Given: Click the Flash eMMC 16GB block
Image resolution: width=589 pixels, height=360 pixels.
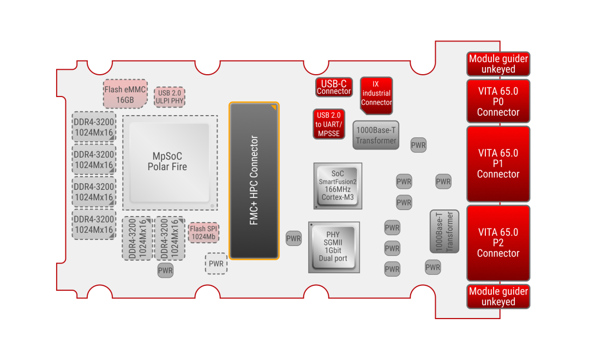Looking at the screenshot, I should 125,94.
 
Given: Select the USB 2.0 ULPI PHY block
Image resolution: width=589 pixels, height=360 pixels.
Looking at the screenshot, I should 169,97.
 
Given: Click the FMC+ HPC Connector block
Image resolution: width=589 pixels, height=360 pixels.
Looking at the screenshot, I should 254,181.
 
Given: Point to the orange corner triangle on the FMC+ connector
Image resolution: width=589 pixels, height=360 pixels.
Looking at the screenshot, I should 274,107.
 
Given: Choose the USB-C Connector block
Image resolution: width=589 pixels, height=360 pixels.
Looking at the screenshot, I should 334,87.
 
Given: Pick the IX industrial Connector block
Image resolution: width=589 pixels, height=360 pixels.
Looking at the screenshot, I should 376,94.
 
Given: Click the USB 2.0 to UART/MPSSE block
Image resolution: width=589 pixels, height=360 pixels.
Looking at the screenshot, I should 329,124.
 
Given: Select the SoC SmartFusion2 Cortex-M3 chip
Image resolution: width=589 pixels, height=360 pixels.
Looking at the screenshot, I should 338,185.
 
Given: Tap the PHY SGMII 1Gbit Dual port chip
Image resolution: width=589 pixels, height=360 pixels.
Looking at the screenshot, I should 333,247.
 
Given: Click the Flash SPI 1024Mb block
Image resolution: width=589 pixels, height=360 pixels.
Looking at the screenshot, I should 203,233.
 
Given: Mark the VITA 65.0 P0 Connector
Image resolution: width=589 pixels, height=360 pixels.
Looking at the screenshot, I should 498,101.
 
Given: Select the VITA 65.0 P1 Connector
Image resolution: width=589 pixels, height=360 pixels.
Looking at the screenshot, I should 498,164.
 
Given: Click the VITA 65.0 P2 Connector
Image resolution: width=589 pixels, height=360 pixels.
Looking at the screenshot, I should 498,243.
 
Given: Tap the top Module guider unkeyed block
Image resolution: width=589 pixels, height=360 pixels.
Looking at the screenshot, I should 498,64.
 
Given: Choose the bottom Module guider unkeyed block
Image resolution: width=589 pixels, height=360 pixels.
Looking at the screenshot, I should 498,297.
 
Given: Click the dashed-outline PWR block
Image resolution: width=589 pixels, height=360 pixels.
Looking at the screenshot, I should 216,263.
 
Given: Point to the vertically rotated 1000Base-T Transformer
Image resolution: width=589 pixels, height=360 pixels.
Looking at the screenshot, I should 444,232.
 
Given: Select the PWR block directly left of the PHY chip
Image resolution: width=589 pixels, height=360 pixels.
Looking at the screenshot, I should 293,238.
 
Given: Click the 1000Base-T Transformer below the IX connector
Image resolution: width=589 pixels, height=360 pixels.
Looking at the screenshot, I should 376,135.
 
